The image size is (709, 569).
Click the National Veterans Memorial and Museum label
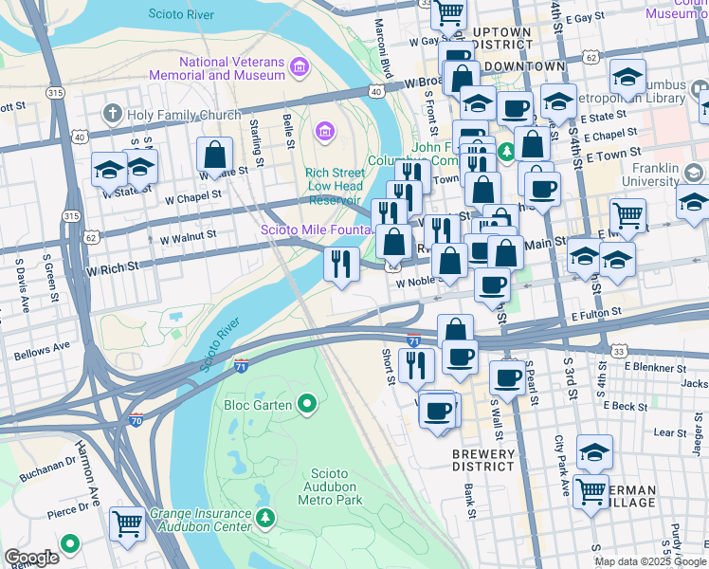(231, 68)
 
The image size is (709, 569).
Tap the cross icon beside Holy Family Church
(113, 115)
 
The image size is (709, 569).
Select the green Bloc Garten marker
(306, 406)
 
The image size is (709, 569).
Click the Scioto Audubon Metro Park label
(331, 486)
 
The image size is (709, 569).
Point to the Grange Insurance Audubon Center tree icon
(267, 518)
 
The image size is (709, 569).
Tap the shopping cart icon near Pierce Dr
(127, 523)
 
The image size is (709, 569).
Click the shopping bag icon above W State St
(215, 154)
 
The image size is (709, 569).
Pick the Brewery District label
(482, 460)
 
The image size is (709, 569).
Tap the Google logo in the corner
(31, 557)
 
